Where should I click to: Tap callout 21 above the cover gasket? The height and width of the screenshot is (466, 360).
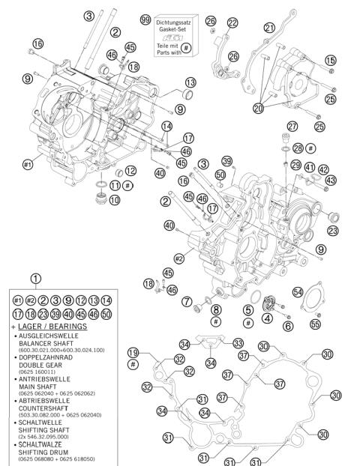(269, 28)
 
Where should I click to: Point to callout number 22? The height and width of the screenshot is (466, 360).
(232, 22)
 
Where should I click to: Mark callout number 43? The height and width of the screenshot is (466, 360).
(331, 181)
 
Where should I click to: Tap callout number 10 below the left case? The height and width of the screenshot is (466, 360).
(114, 200)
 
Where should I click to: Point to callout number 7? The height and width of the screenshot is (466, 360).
(186, 300)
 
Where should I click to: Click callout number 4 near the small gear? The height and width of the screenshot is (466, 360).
(266, 317)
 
